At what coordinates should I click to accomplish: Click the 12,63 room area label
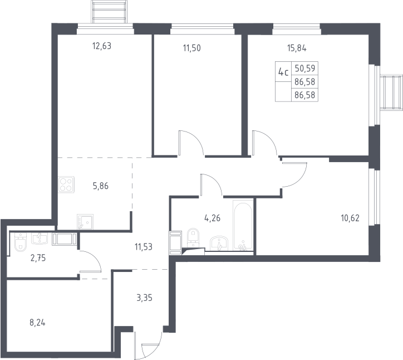point(102,46)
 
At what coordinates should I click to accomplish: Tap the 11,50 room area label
point(191,48)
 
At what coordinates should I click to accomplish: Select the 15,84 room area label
point(297,48)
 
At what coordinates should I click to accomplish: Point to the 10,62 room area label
point(350,218)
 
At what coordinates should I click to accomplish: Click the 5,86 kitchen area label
point(101,186)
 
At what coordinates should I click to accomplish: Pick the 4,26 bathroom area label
point(212,218)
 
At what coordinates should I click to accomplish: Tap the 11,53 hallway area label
point(144,247)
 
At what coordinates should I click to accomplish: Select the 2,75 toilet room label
point(38,258)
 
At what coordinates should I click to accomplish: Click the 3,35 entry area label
point(144,298)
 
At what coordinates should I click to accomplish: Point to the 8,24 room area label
point(37,323)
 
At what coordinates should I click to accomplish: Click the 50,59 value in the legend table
point(305,69)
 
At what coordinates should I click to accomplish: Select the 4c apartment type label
point(283,72)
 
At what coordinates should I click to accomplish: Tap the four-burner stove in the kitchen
point(66,184)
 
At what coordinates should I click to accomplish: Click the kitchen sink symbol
point(85,222)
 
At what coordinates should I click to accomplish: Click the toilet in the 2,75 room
point(21,242)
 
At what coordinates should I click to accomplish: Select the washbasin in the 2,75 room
point(40,239)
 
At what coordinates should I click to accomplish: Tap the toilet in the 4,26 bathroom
point(193,237)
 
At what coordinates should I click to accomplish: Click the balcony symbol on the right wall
point(391,93)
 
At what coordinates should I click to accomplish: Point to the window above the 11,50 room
point(203,29)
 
